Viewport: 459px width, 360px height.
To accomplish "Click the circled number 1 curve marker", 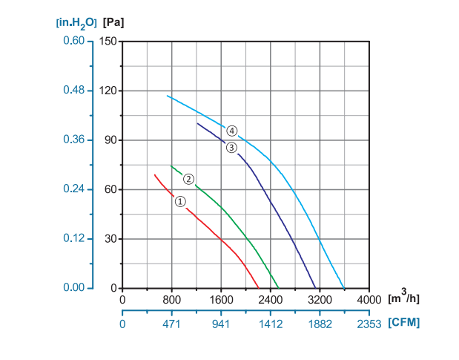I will [x=180, y=201].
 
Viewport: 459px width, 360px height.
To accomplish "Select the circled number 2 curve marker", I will [x=189, y=179].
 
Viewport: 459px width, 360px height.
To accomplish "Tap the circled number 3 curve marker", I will [x=231, y=148].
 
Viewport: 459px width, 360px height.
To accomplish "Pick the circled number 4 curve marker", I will [x=232, y=131].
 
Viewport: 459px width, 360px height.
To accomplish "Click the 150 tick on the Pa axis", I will [x=110, y=41].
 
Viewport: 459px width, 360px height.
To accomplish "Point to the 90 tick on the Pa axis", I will [x=112, y=140].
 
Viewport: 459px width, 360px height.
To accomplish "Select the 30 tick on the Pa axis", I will [x=112, y=239].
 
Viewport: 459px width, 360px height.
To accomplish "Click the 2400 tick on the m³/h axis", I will [x=271, y=300].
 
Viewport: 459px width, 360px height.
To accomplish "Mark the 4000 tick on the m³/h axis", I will [x=369, y=300].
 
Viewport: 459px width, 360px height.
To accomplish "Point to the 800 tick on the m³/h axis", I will [x=172, y=300].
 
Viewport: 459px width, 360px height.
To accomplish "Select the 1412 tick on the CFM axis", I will [x=271, y=324].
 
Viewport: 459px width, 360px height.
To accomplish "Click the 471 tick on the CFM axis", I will [x=172, y=324].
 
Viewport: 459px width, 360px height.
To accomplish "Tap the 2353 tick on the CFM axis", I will [x=369, y=324].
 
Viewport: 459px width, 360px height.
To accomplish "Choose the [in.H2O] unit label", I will [x=76, y=22].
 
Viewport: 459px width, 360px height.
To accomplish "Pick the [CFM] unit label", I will [x=403, y=324].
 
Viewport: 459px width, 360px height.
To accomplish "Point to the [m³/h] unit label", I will [x=405, y=298].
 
